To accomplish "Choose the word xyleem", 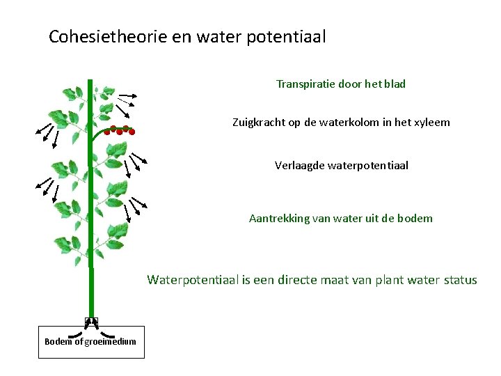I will [x=432, y=123].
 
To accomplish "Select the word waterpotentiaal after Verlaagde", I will [x=369, y=166].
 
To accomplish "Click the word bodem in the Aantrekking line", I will [x=417, y=219].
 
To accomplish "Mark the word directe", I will [x=291, y=281].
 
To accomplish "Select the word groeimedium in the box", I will [x=110, y=341].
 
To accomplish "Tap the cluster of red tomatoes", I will [x=119, y=130].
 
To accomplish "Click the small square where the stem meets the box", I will [x=91, y=321].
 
